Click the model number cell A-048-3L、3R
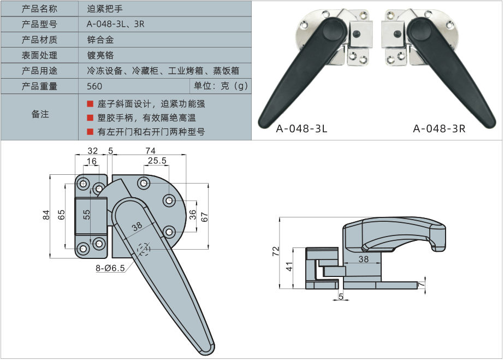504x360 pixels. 115,24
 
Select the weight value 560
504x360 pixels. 94,86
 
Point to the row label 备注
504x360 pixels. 40,114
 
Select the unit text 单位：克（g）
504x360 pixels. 221,86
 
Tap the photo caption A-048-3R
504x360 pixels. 440,129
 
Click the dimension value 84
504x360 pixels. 46,216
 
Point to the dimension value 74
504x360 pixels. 150,151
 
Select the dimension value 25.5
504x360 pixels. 157,161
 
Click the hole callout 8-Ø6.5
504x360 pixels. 111,268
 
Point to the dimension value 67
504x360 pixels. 204,216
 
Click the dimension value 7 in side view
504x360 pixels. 421,285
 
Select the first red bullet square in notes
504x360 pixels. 90,104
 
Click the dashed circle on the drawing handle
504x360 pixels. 144,249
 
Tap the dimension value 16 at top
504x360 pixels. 91,161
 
